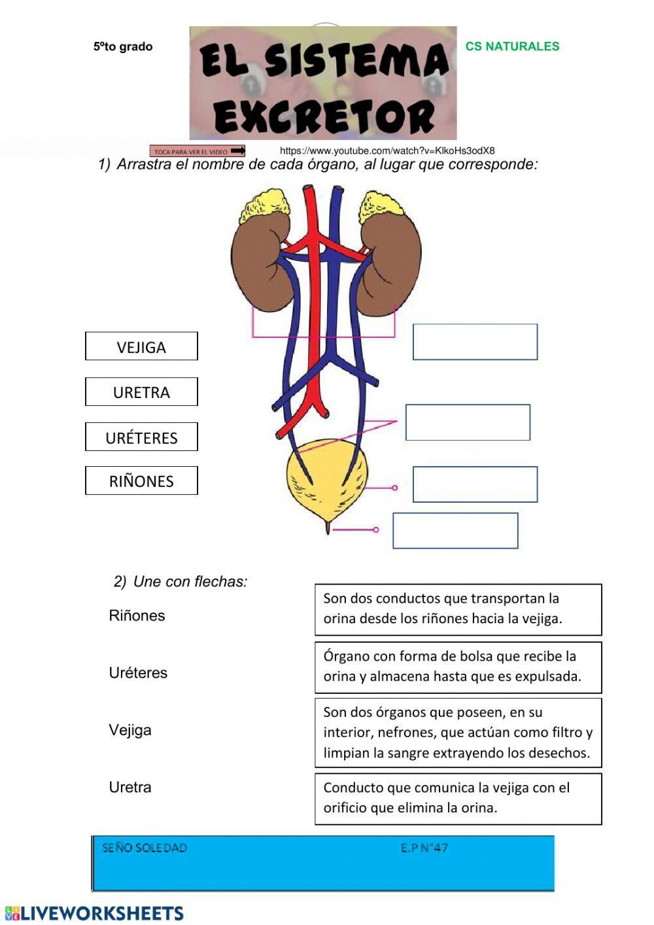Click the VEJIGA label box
[141, 346]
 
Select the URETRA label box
[141, 391]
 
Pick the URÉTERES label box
[141, 437]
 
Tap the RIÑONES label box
[141, 481]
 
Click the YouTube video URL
[387, 151]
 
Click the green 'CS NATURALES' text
[512, 46]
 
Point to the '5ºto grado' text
[123, 46]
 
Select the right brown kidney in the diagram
[392, 262]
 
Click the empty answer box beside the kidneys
[475, 342]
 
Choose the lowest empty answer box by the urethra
[455, 530]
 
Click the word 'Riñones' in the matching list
[137, 615]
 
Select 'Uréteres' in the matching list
[138, 672]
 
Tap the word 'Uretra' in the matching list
[130, 787]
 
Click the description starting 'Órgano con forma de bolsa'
[458, 667]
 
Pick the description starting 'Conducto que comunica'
[458, 799]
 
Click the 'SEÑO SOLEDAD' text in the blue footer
[145, 848]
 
